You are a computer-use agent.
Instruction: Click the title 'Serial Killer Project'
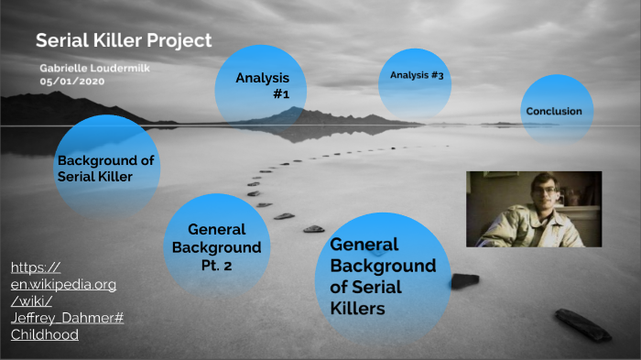(x=124, y=40)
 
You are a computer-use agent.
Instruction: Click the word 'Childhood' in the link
(x=45, y=334)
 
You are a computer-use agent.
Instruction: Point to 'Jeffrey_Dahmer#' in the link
(x=68, y=318)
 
